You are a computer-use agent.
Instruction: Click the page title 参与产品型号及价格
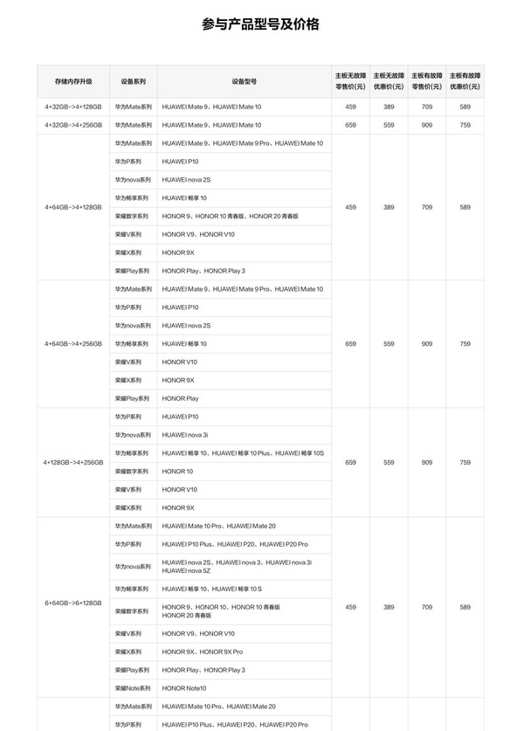click(260, 24)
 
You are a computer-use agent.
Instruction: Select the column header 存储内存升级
click(72, 81)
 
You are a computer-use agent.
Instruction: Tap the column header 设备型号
click(244, 81)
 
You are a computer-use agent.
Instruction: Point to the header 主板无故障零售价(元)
click(350, 81)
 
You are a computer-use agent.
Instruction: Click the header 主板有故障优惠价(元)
click(465, 81)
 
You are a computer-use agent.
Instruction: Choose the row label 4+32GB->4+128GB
click(72, 107)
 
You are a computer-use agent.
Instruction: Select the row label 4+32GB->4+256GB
click(72, 125)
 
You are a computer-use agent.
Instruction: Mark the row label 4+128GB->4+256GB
click(72, 462)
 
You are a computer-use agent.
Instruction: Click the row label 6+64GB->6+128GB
click(72, 603)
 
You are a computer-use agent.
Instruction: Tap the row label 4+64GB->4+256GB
click(72, 344)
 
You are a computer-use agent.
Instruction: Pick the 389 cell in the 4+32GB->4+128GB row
click(389, 107)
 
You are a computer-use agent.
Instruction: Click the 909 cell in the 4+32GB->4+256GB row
click(426, 125)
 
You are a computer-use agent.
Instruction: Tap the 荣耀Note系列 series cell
click(133, 689)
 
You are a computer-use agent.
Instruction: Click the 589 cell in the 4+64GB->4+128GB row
click(465, 207)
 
